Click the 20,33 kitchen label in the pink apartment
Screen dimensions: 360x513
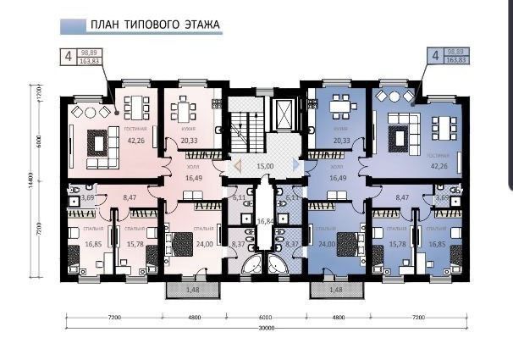coord(189,141)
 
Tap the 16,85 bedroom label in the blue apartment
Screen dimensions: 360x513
coord(438,244)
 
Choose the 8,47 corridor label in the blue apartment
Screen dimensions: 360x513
coord(402,198)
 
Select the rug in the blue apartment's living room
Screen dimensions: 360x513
coord(398,137)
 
